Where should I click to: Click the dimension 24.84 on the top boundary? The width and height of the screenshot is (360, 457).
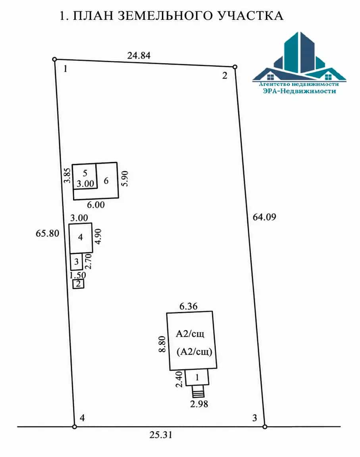139,56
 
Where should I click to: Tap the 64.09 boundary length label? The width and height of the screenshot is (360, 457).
264,217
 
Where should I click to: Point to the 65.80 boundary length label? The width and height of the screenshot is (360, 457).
47,233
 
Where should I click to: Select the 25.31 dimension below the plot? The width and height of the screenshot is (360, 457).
161,435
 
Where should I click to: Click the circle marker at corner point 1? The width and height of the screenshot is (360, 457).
54,60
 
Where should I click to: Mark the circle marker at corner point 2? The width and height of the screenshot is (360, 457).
235,67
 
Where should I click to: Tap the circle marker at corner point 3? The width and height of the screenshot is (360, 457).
265,427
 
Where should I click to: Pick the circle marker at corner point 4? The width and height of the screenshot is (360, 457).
75,427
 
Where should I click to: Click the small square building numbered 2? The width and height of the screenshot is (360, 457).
79,284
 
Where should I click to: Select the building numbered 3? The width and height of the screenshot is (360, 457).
77,262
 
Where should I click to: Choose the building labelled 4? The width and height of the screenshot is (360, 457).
81,238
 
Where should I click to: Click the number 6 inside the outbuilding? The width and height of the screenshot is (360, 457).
106,181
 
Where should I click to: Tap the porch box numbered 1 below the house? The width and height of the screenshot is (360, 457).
197,377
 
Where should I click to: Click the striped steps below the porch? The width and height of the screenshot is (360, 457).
198,391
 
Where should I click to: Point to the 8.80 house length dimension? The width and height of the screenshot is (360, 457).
162,344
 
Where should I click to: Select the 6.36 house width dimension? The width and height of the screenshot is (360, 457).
188,306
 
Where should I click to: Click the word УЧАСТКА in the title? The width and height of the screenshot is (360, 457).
251,16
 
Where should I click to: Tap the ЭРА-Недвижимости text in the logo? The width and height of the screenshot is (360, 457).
299,91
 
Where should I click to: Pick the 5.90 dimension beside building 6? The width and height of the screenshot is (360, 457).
125,179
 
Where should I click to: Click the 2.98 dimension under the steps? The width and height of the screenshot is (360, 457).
199,404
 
